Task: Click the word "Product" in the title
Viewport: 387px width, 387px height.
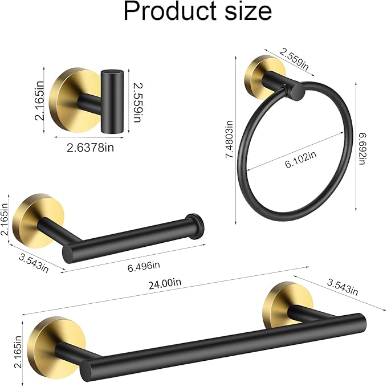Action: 169,13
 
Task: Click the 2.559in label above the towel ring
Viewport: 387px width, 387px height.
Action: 295,60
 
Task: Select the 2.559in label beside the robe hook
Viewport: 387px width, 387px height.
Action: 137,101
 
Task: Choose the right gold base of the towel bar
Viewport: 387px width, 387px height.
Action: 282,303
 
